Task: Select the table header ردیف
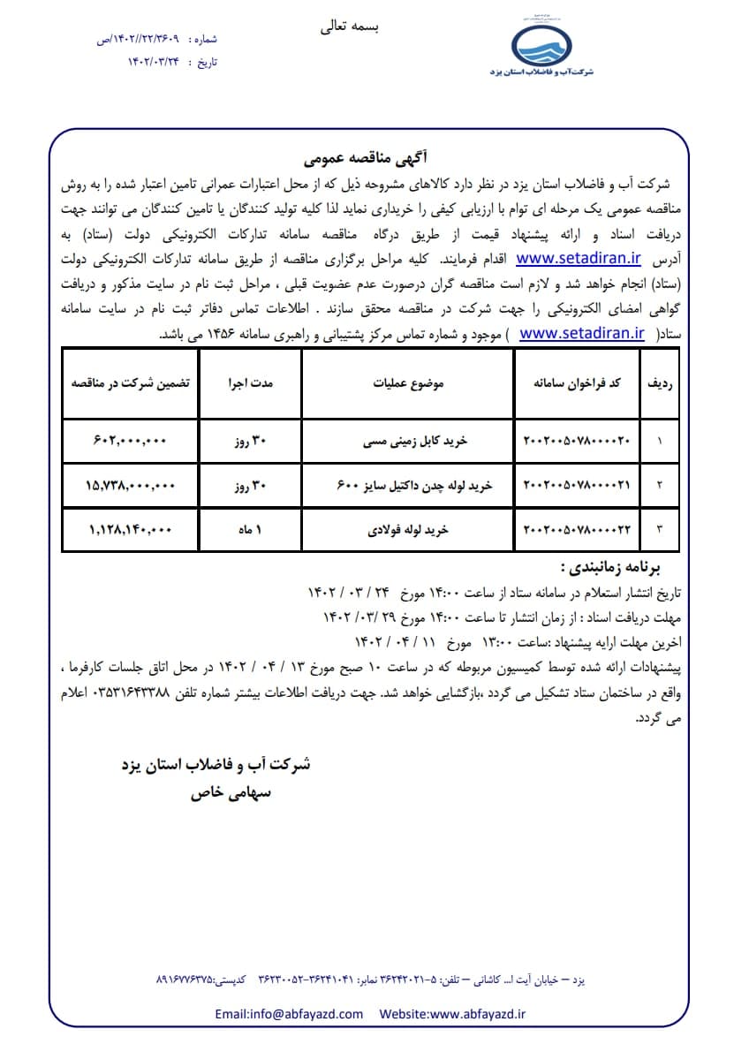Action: [662, 384]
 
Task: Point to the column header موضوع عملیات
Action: [407, 384]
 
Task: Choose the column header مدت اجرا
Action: [252, 384]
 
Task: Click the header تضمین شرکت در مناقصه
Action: [132, 384]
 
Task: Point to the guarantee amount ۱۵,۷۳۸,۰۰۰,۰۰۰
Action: [132, 485]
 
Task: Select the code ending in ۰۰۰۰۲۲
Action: [579, 529]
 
